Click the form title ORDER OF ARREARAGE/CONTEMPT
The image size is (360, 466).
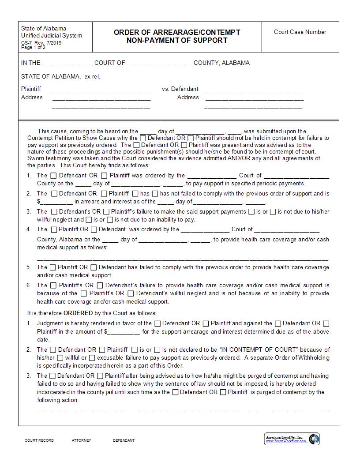[177, 32]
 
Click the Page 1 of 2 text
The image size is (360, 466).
[33, 47]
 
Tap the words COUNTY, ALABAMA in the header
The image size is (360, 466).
[221, 63]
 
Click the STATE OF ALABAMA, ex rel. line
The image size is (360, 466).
[60, 76]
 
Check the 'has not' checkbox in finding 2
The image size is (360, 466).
[155, 193]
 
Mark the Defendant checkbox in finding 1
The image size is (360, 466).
[54, 175]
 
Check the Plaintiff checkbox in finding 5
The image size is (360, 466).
[53, 267]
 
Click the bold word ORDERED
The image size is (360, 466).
[78, 313]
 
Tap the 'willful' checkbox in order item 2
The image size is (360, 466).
[60, 357]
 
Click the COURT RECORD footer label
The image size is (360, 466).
[39, 440]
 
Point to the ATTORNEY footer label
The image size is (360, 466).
[81, 440]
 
